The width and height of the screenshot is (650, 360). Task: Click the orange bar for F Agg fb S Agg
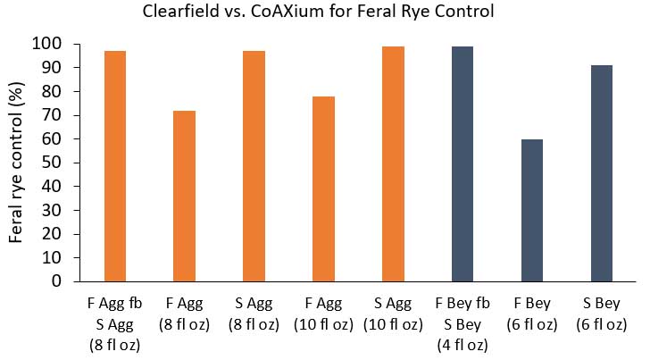[x=115, y=165]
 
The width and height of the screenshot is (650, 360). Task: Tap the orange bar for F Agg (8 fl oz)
[x=185, y=196]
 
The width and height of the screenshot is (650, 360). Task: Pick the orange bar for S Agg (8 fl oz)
[x=254, y=165]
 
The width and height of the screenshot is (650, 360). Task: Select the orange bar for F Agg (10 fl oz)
[x=324, y=188]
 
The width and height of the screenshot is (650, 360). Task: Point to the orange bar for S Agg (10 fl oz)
[x=394, y=163]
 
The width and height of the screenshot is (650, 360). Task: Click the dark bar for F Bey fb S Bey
[x=463, y=163]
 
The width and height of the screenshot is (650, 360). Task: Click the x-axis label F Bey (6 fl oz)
[x=533, y=314]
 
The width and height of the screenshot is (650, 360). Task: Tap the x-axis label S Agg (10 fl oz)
[x=394, y=314]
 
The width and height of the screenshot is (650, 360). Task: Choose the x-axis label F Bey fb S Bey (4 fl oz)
[x=463, y=323]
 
